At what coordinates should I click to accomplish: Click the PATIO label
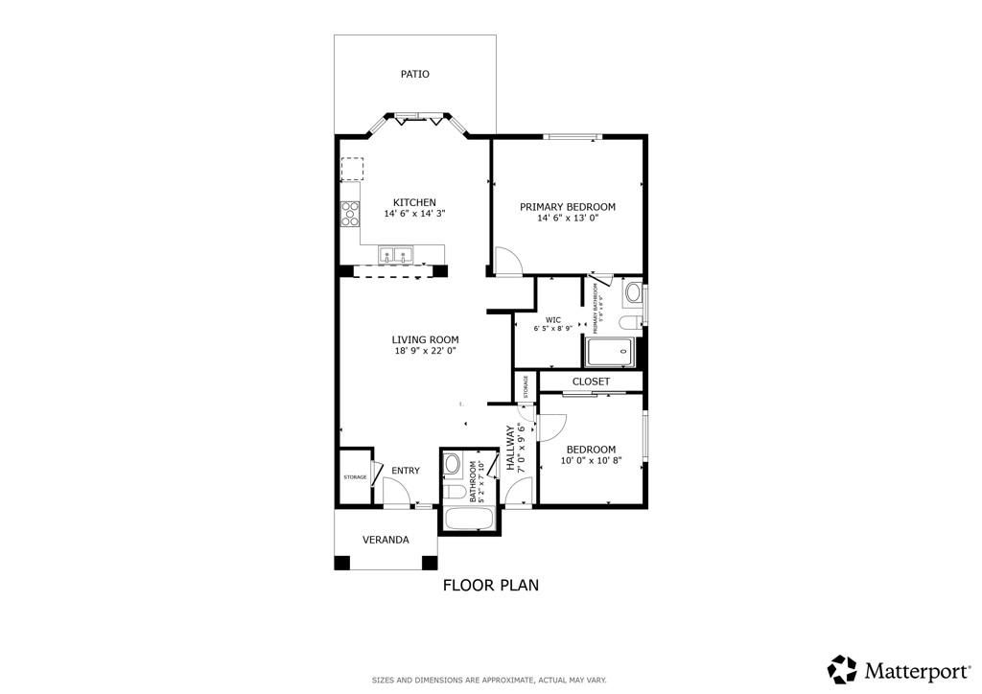pos(414,74)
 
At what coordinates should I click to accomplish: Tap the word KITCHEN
pos(414,202)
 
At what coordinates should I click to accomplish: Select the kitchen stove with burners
pos(350,215)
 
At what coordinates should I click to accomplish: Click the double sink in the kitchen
pos(396,255)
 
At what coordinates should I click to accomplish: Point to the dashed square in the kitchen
pos(353,170)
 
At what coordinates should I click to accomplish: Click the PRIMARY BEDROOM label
pos(567,206)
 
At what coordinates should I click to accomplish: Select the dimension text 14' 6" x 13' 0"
pos(567,219)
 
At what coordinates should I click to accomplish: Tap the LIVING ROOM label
pos(425,339)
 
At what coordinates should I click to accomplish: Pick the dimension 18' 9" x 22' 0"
pos(425,351)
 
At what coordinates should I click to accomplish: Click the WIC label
pos(552,320)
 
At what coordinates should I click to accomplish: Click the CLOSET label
pos(591,382)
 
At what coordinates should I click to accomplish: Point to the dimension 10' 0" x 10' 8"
pos(591,461)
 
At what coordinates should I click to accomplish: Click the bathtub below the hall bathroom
pos(469,520)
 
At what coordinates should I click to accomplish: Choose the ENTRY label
pos(406,471)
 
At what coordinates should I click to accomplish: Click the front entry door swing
pos(395,493)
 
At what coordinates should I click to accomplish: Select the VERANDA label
pos(386,540)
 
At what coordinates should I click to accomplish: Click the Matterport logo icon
pos(842,668)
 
